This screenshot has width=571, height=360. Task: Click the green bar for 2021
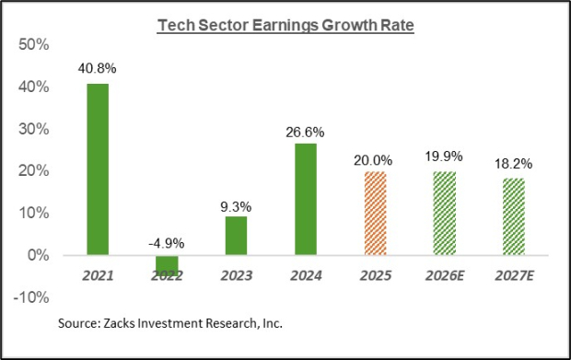(x=99, y=168)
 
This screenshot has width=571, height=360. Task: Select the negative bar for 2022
(x=167, y=265)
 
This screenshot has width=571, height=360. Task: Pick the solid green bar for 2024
(x=305, y=199)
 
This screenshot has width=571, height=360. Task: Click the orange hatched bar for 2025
(x=374, y=213)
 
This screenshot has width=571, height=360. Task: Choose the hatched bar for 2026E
(x=443, y=213)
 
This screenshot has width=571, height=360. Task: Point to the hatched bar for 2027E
(x=511, y=216)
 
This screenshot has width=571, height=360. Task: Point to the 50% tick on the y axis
(x=35, y=44)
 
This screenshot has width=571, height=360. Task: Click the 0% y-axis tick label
(x=39, y=255)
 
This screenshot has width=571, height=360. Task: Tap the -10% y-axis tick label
(x=32, y=297)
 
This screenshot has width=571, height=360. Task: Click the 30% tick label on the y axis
(x=35, y=129)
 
